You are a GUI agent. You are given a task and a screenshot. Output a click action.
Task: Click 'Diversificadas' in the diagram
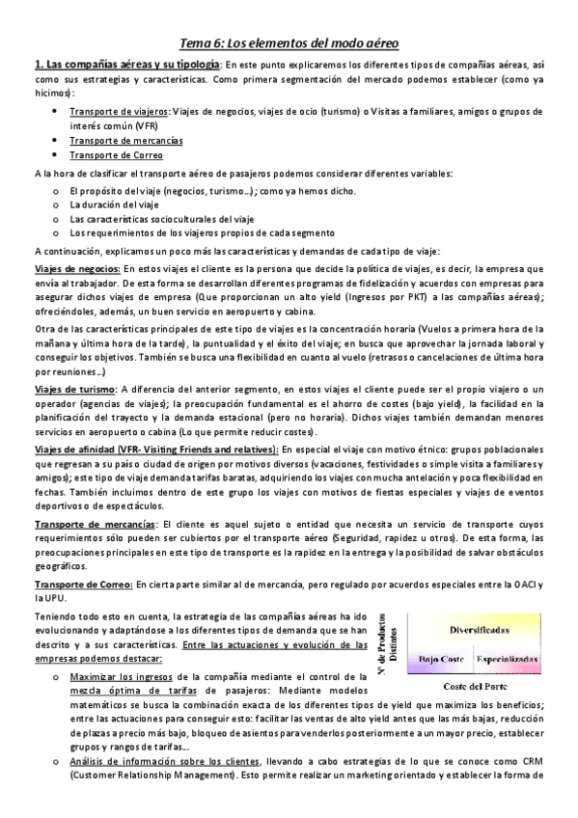[480, 628]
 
